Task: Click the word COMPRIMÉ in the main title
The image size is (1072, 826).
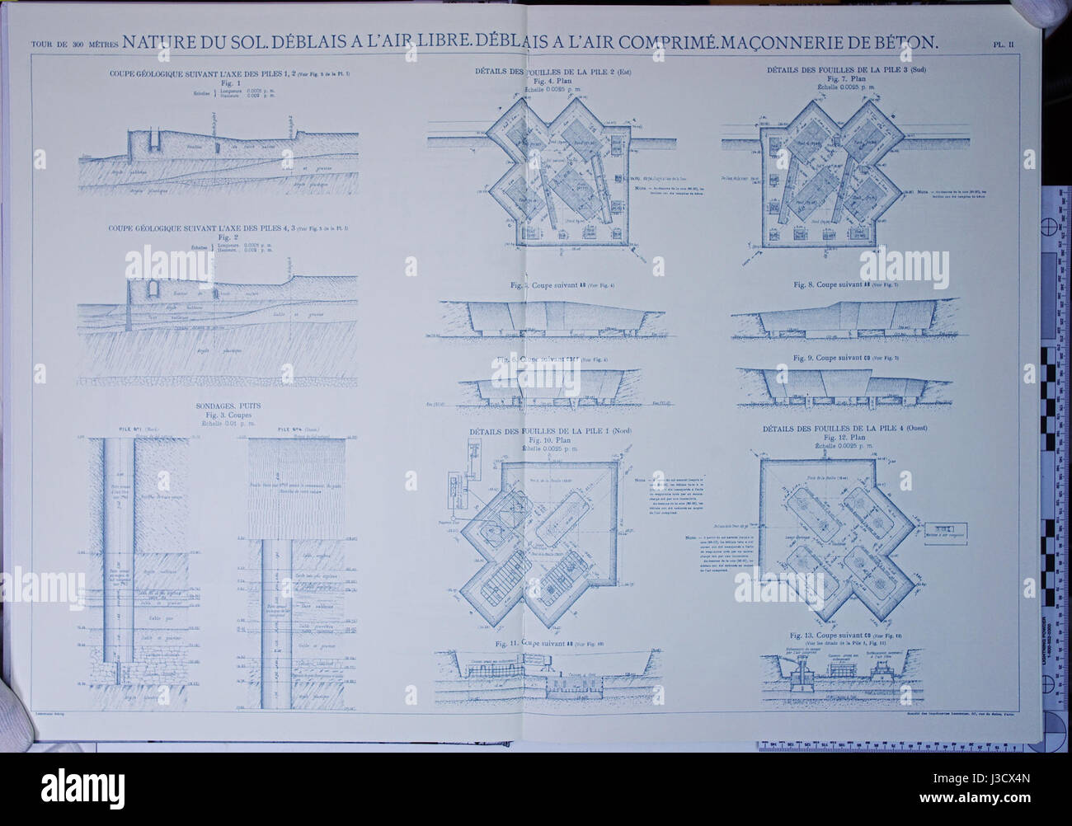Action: [707, 40]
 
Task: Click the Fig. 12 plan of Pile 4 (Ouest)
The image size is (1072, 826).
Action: [833, 536]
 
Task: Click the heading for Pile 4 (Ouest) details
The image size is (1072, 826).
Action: [845, 429]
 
